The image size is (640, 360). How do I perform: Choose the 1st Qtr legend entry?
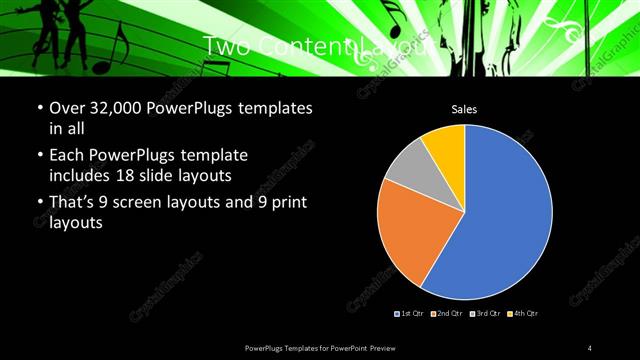pyautogui.click(x=411, y=314)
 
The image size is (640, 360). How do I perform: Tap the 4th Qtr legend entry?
pyautogui.click(x=524, y=314)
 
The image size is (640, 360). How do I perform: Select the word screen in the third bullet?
pyautogui.click(x=149, y=203)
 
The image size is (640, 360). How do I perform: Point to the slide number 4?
pyautogui.click(x=590, y=347)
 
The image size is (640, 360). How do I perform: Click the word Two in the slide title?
pyautogui.click(x=226, y=46)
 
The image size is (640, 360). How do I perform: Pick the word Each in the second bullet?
pyautogui.click(x=68, y=156)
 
